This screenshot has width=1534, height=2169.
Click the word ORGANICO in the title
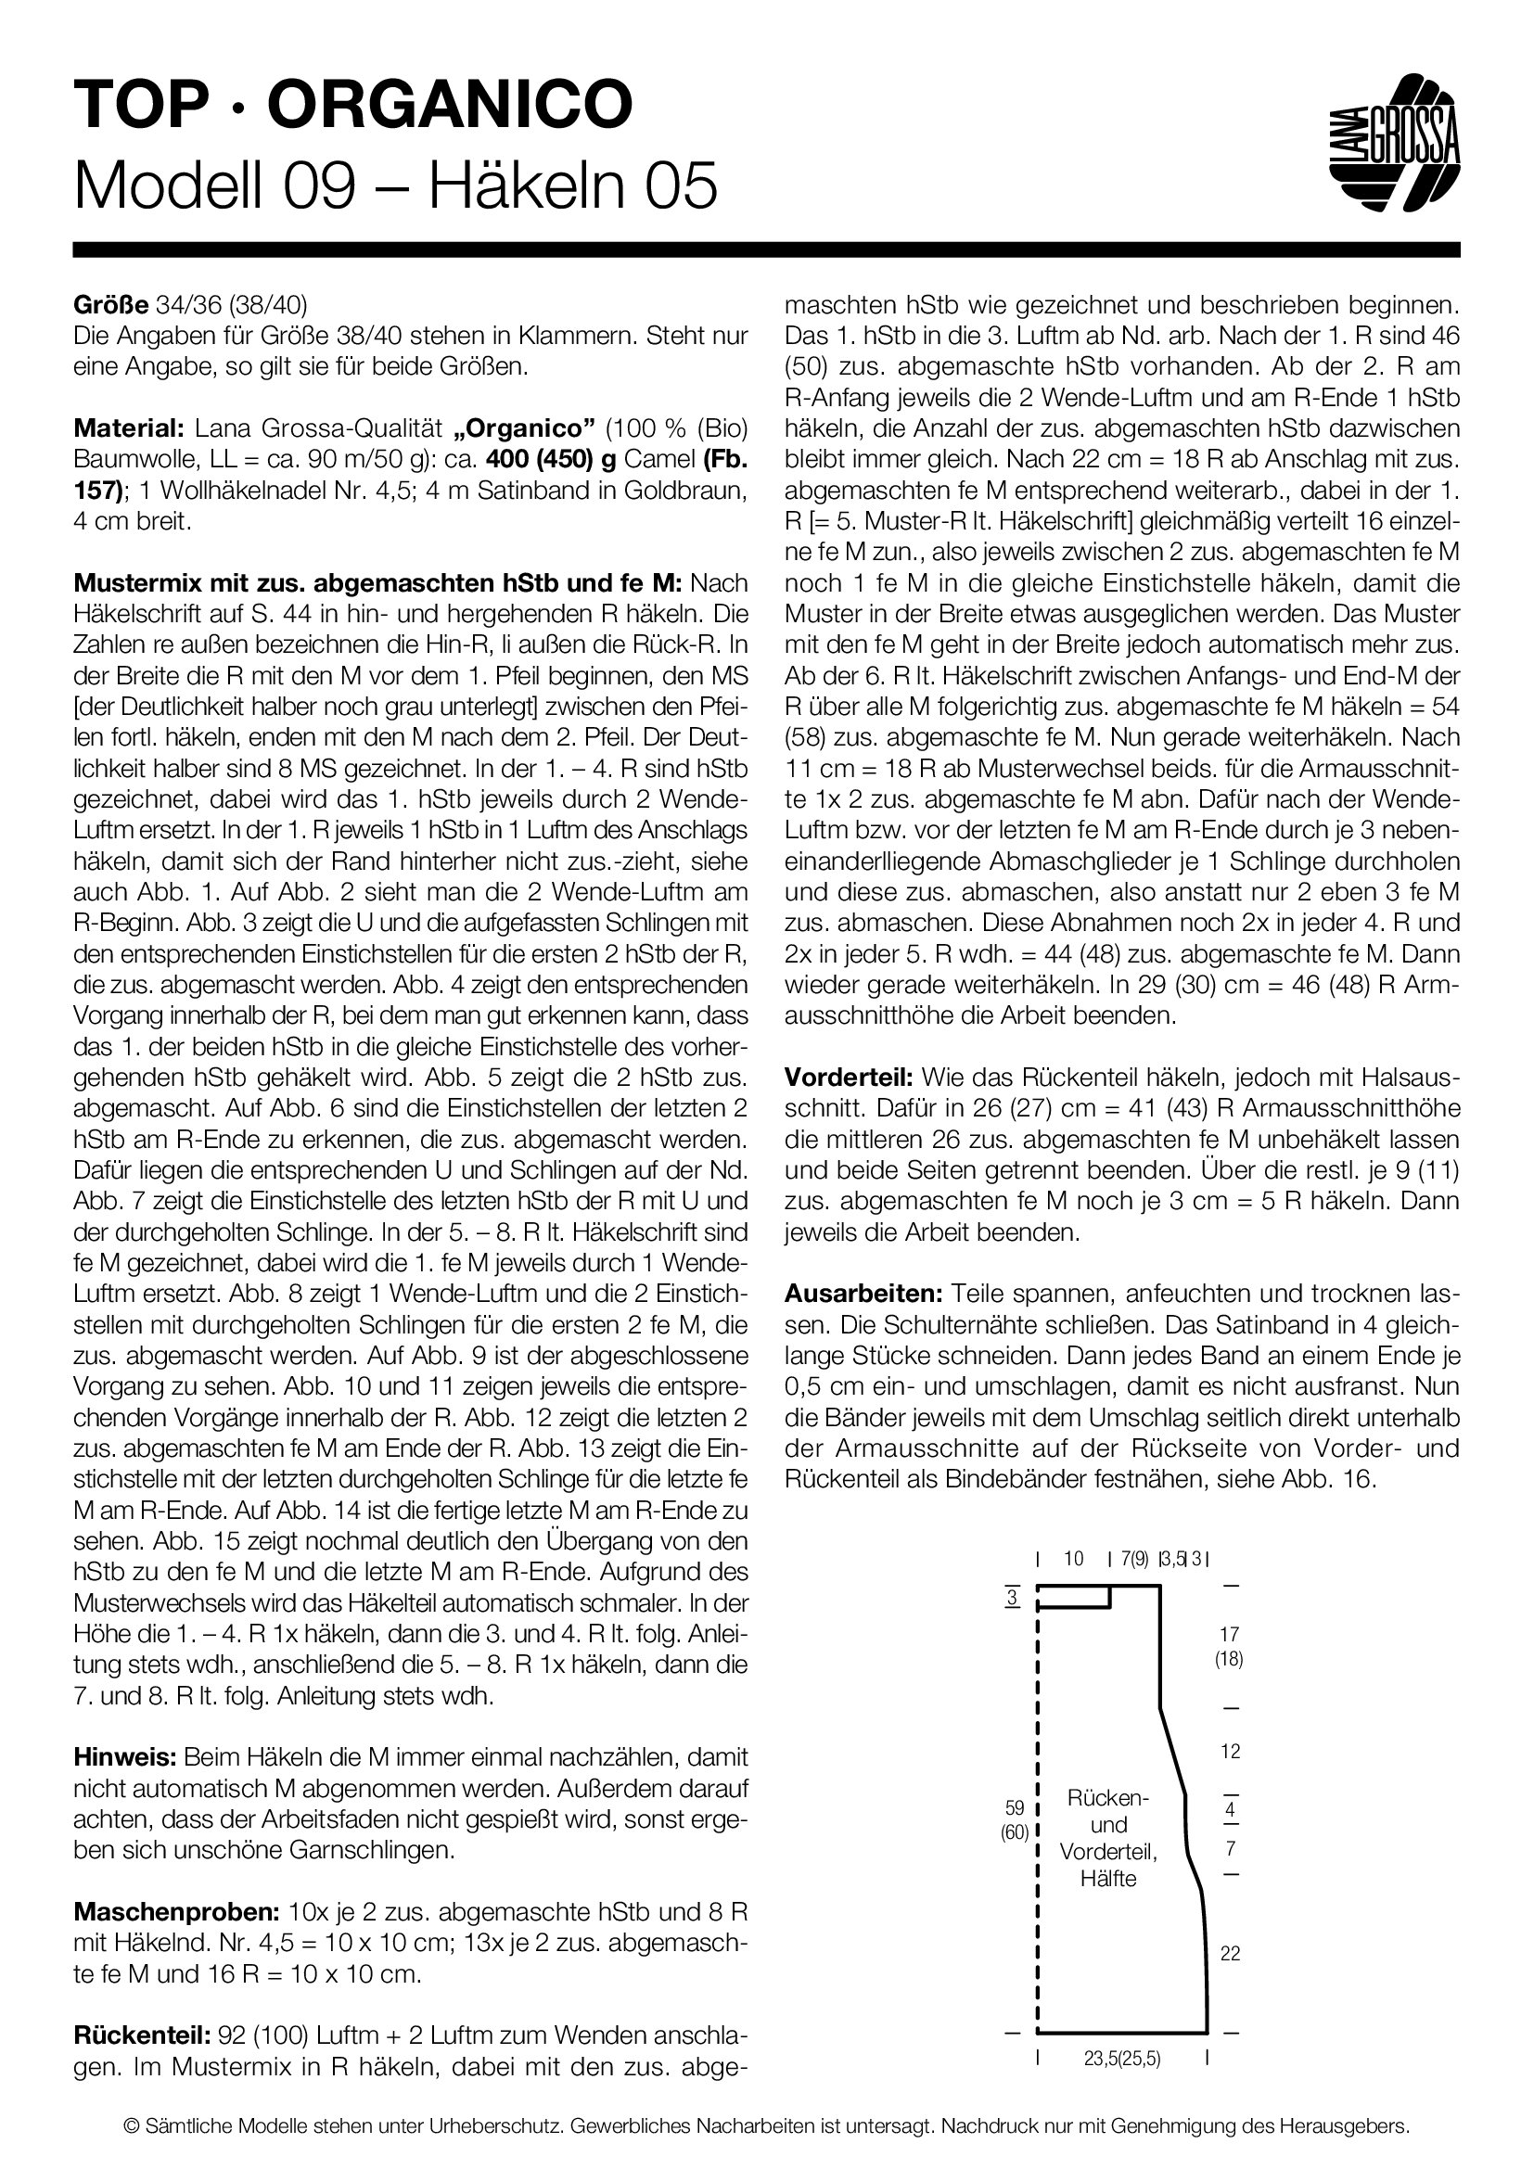pyautogui.click(x=450, y=104)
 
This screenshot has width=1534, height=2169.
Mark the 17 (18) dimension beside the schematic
pyautogui.click(x=1229, y=1646)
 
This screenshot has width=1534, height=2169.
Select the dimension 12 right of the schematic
pyautogui.click(x=1230, y=1752)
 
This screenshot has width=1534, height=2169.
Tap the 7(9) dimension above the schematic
pyautogui.click(x=1134, y=1560)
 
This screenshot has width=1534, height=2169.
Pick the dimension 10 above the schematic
pyautogui.click(x=1073, y=1559)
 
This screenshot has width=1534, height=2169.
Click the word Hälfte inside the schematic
pyautogui.click(x=1108, y=1879)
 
